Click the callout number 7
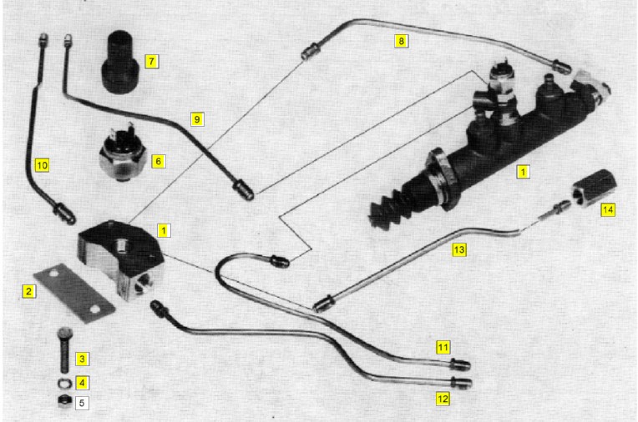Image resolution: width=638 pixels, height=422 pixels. [x=151, y=62]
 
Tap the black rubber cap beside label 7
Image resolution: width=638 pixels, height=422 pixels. [x=120, y=62]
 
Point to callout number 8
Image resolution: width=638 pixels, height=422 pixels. [x=401, y=41]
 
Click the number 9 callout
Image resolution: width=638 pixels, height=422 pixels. [x=197, y=119]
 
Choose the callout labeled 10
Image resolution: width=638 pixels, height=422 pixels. [x=42, y=165]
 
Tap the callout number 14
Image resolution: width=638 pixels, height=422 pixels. [x=607, y=210]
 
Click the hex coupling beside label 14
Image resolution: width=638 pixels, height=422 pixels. [x=593, y=188]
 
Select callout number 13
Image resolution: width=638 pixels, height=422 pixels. [x=459, y=249]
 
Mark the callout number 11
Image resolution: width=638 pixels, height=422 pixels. [x=443, y=348]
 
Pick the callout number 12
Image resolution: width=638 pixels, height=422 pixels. [x=443, y=399]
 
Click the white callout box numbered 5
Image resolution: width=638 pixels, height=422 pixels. [x=82, y=403]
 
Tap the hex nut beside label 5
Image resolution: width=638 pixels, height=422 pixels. [x=65, y=400]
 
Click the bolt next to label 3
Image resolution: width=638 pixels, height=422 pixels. [x=65, y=350]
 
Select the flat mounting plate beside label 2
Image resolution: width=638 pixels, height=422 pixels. [x=75, y=293]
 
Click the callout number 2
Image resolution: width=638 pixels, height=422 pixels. [x=28, y=291]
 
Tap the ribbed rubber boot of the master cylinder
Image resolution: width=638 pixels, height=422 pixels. [x=387, y=210]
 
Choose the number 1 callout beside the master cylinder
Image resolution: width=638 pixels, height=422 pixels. [x=524, y=172]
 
